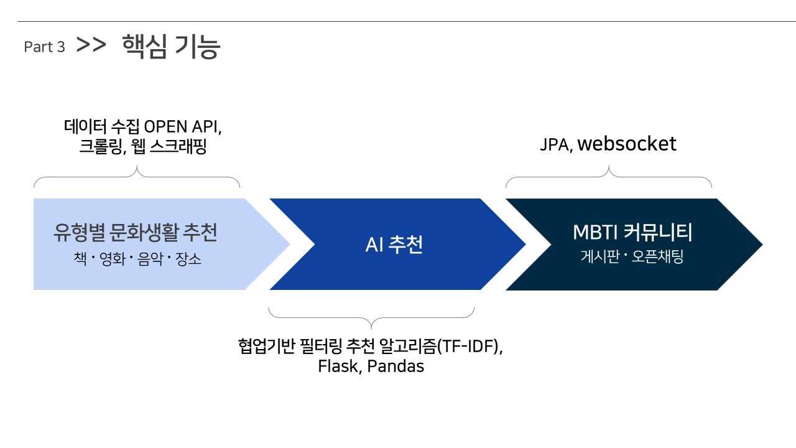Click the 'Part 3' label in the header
tap(44, 47)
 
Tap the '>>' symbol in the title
tap(91, 45)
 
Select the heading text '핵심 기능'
tap(171, 47)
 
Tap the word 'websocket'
tap(627, 144)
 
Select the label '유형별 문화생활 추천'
tap(136, 233)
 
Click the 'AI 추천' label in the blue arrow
tap(394, 245)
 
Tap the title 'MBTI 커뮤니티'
tap(632, 233)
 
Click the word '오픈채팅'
tap(657, 257)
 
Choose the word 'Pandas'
tap(396, 366)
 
